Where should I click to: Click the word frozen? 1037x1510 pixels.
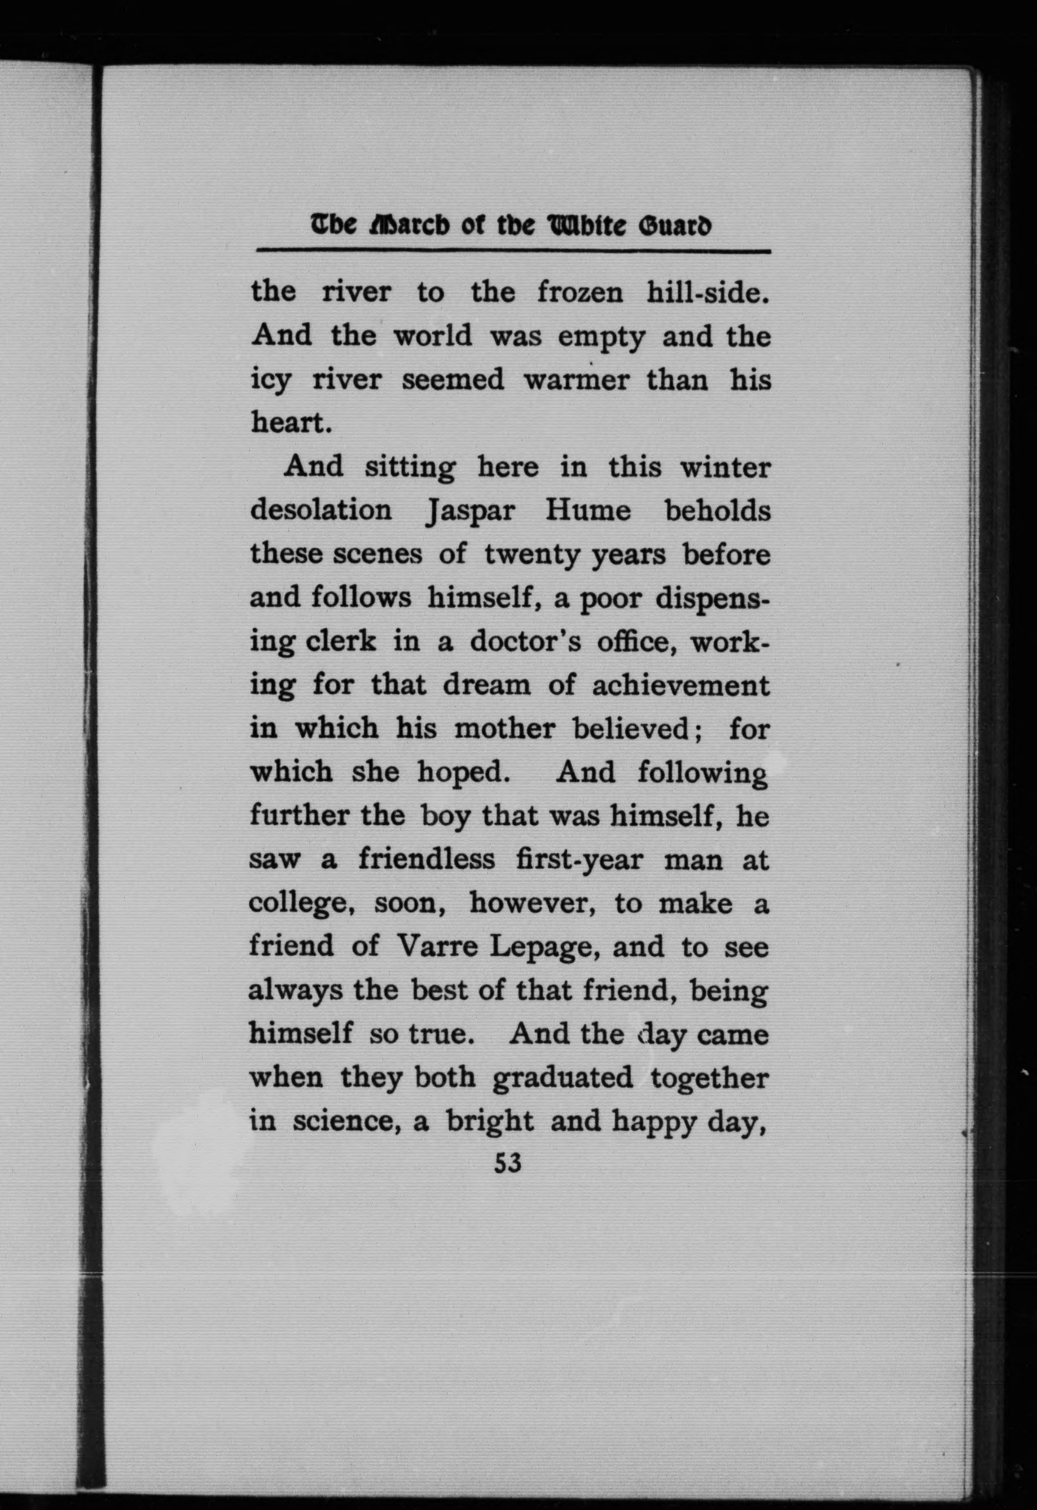(x=579, y=292)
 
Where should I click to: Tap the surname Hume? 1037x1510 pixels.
(x=587, y=510)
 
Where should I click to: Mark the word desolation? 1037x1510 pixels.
(x=322, y=510)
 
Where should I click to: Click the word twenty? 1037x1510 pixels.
(x=531, y=555)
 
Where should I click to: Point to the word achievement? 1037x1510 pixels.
(x=680, y=685)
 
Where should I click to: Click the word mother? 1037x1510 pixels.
(x=504, y=729)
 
